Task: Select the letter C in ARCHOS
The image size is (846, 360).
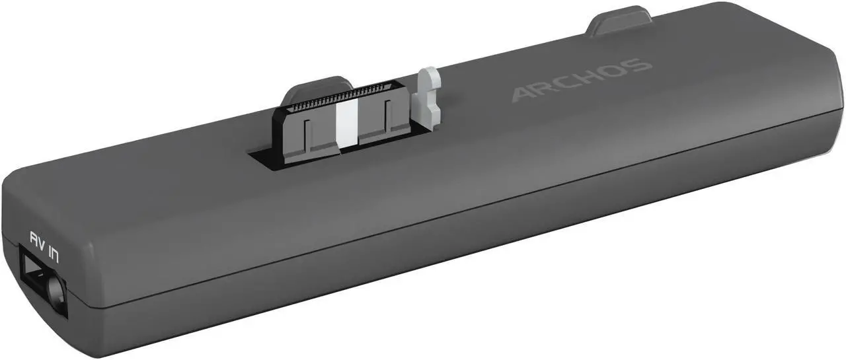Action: click(x=570, y=83)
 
